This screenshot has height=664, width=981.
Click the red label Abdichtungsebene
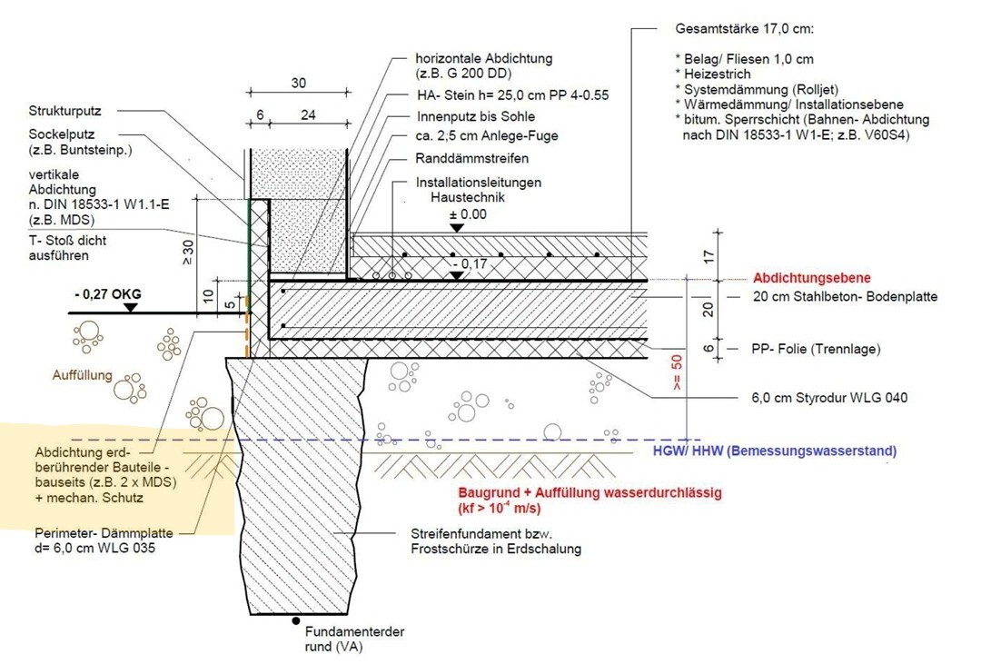tap(811, 279)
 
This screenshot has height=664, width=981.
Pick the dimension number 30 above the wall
tap(298, 82)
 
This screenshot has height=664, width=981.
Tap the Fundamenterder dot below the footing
tap(296, 621)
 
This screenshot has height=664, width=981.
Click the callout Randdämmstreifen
tap(468, 157)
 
